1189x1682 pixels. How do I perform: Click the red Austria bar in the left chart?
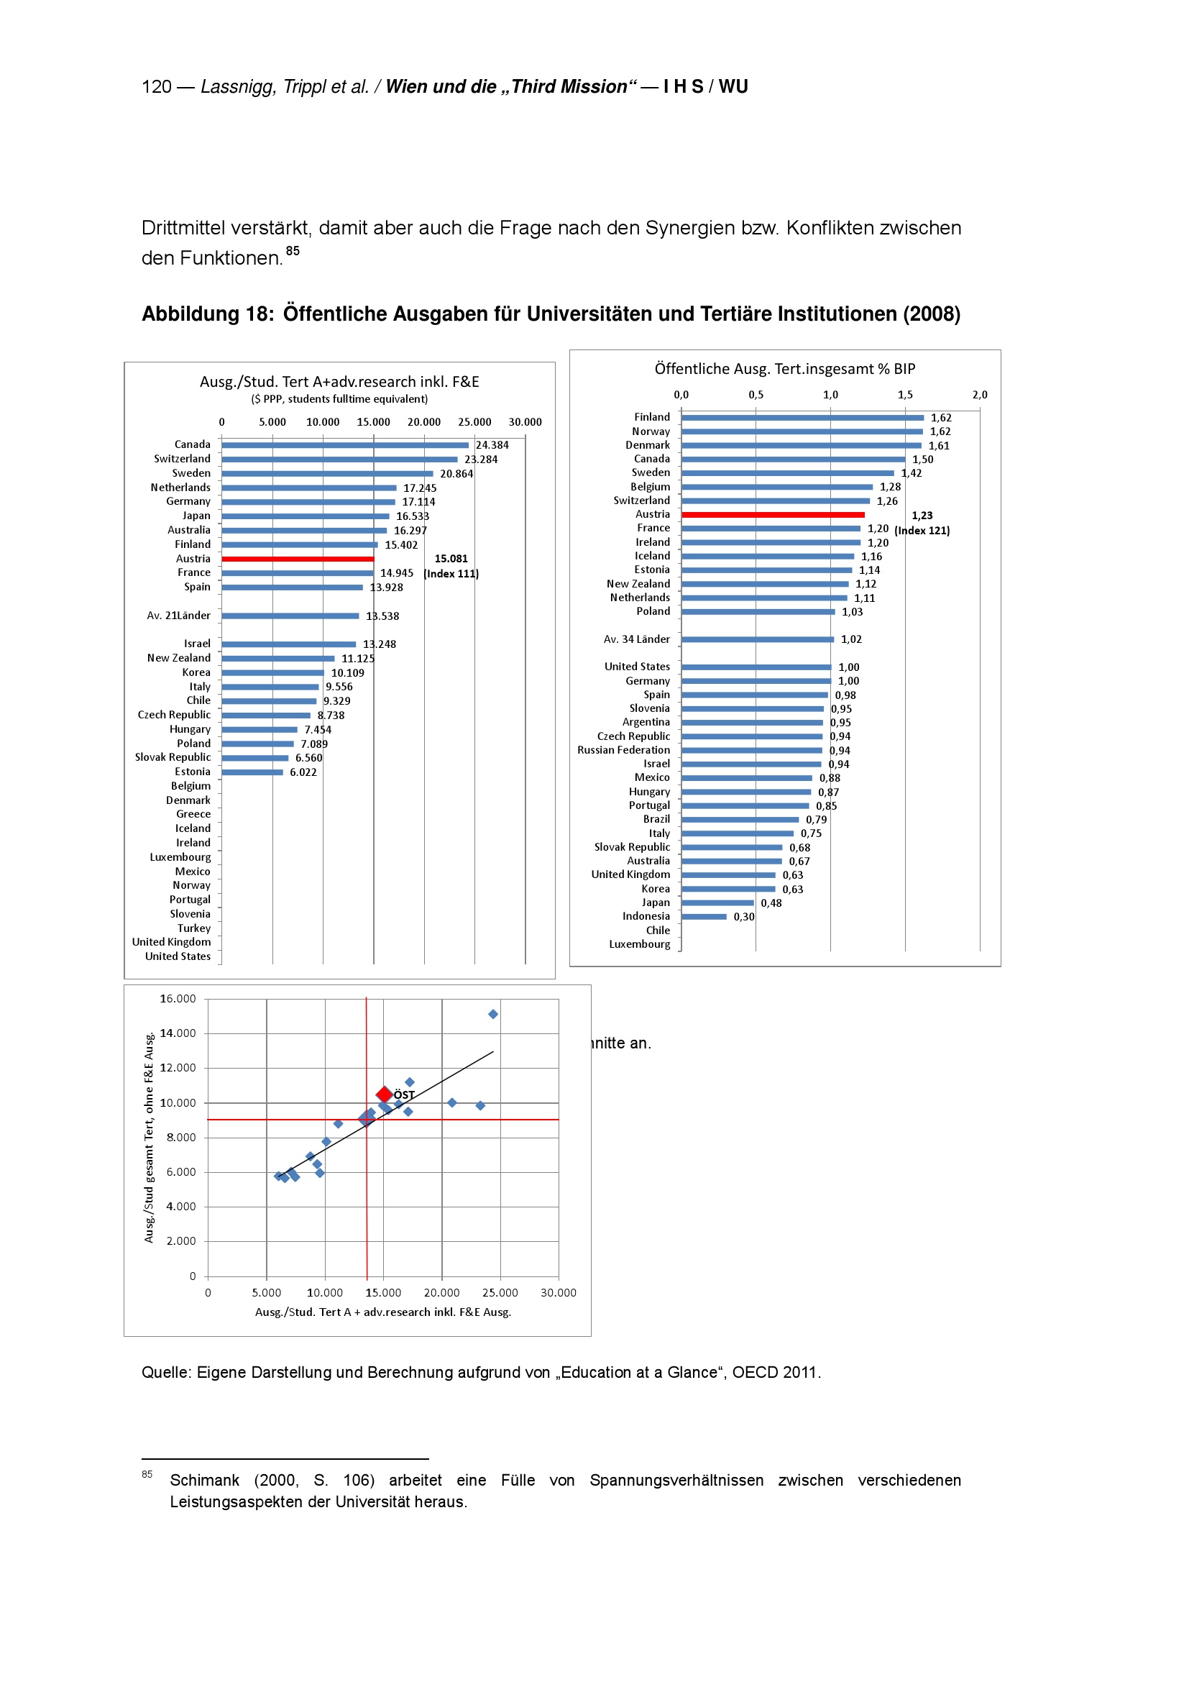(x=298, y=559)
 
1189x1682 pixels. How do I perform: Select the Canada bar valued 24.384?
(x=344, y=444)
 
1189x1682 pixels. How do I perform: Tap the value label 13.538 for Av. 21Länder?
(x=382, y=616)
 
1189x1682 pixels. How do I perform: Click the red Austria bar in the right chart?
(x=772, y=515)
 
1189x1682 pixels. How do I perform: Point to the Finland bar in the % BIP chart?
(x=802, y=418)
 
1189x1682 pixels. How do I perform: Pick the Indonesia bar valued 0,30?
(x=704, y=916)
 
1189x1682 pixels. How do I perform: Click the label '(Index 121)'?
(x=922, y=531)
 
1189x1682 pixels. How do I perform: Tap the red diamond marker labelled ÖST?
(x=384, y=1094)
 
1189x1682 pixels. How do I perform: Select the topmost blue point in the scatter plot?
(x=492, y=1014)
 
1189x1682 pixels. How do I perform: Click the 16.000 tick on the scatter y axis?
(x=178, y=999)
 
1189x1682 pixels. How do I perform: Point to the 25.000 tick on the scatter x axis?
(x=500, y=1293)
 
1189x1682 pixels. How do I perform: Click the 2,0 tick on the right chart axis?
(x=980, y=395)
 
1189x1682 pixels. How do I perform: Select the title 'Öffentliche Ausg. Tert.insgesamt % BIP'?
(x=784, y=369)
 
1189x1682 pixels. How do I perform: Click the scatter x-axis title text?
(x=383, y=1312)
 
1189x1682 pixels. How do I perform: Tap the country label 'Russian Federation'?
(x=623, y=750)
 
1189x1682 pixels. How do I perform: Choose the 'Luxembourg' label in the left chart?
(x=180, y=857)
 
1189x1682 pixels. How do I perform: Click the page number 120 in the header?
(x=156, y=87)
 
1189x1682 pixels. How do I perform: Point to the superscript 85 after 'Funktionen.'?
(x=293, y=250)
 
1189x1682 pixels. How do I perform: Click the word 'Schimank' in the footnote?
(x=204, y=1481)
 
